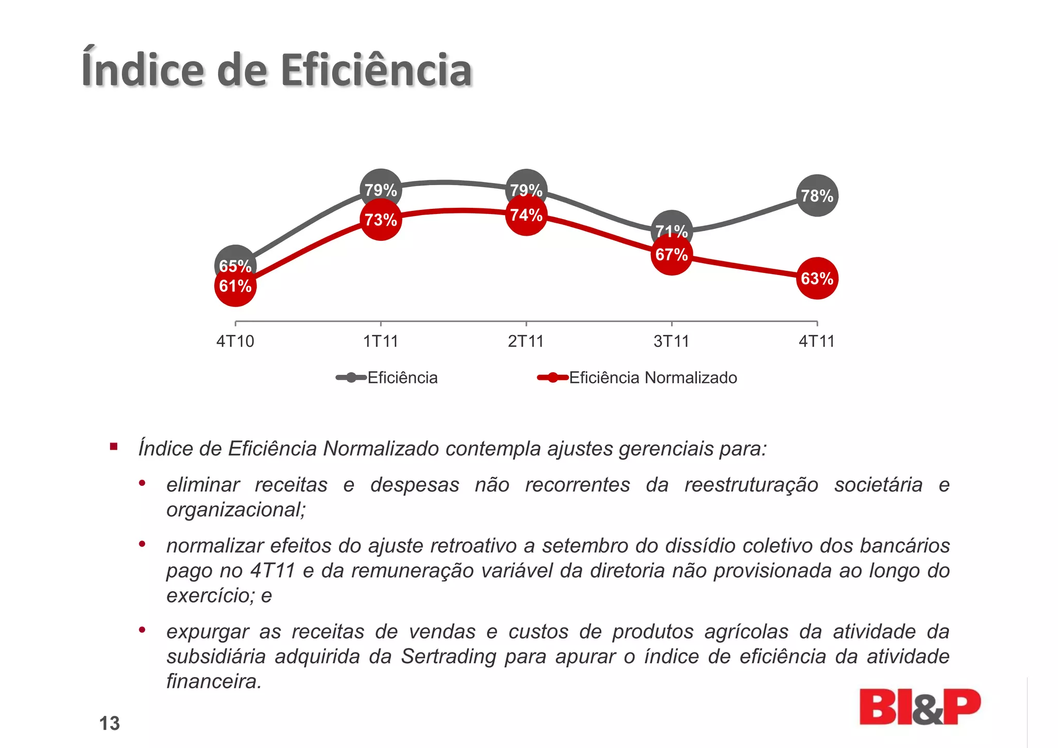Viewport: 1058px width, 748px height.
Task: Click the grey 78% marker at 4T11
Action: (x=817, y=195)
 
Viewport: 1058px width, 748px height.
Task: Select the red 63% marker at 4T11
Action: (x=817, y=279)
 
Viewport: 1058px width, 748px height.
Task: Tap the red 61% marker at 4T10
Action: (x=236, y=286)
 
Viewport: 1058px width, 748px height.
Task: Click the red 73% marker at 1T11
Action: (x=381, y=220)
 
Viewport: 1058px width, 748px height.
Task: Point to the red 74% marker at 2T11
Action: (x=526, y=215)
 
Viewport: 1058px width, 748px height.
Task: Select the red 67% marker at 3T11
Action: (x=671, y=255)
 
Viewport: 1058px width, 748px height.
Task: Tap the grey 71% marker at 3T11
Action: (x=672, y=225)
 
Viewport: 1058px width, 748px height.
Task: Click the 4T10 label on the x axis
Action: (x=235, y=342)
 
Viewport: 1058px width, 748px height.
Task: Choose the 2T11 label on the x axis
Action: (x=526, y=342)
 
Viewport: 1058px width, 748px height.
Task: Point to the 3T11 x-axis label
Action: (x=671, y=342)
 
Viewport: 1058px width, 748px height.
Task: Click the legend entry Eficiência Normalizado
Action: (x=652, y=378)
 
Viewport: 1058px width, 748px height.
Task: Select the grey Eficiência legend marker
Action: (x=351, y=378)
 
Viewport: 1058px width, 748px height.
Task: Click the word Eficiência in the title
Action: (x=376, y=70)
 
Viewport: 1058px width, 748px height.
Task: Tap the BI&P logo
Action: (x=919, y=707)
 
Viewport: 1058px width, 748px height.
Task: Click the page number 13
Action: (x=110, y=723)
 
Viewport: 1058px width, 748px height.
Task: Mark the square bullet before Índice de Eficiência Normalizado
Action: (x=114, y=447)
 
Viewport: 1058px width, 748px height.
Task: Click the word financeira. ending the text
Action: (x=214, y=681)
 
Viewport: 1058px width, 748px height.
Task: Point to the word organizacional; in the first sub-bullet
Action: (x=236, y=510)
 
